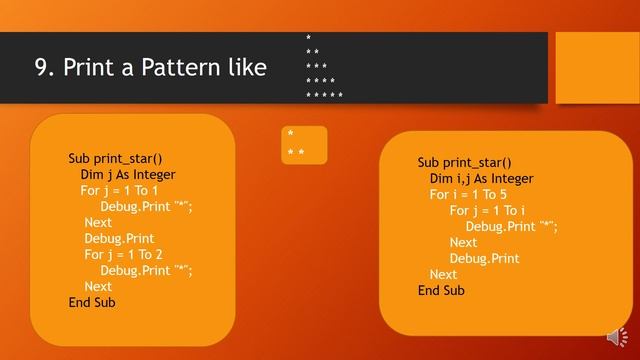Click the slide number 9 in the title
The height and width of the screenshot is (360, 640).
click(41, 67)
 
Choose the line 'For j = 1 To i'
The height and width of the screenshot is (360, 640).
click(487, 211)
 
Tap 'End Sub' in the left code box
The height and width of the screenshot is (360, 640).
click(92, 302)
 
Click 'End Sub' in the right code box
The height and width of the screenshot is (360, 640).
click(441, 291)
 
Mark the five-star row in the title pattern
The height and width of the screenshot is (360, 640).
click(324, 96)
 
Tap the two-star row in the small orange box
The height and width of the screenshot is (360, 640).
click(295, 153)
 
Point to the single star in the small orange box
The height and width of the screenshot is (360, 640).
click(290, 134)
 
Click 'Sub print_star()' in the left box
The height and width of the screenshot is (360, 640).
click(115, 158)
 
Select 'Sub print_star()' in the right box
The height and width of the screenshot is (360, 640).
click(464, 163)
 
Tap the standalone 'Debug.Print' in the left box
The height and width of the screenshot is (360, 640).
click(119, 238)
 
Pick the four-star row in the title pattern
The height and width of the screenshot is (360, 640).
click(320, 81)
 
